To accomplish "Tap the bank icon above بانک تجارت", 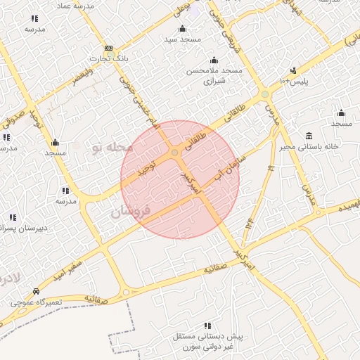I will coord(108,49).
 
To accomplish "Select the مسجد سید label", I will coord(182,39).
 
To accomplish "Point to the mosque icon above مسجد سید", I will coord(183,29).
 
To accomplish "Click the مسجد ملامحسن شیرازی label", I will coord(214,76).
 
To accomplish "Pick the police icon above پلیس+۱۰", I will coord(293,71).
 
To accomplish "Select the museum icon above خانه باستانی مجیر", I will coord(309,136).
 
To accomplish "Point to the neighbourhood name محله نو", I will coord(112,148).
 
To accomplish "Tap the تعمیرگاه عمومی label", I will coord(37,302).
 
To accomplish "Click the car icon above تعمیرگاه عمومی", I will coord(36,291).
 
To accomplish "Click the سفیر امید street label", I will coord(70,266).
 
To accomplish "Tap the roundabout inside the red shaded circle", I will coord(174,153).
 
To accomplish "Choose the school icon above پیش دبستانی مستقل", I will coord(207,326).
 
